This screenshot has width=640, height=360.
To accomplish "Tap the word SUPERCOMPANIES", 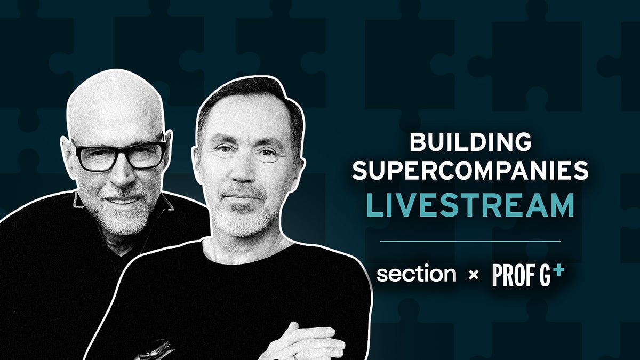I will click(x=470, y=172).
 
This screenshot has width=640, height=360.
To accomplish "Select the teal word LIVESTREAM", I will click(x=470, y=205).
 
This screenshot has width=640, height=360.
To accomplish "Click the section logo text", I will click(x=416, y=275).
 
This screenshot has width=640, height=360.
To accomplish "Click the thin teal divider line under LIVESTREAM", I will click(x=470, y=241).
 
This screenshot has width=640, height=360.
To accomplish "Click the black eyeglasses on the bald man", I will click(x=120, y=155).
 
